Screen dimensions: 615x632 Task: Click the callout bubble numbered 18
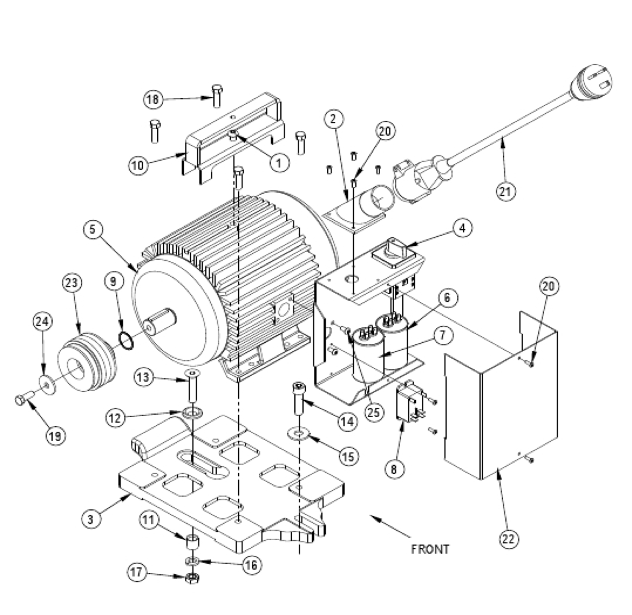pos(154,99)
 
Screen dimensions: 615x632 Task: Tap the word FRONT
pos(430,548)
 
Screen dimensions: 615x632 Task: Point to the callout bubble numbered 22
pos(509,538)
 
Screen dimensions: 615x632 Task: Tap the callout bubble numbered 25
pos(373,412)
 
